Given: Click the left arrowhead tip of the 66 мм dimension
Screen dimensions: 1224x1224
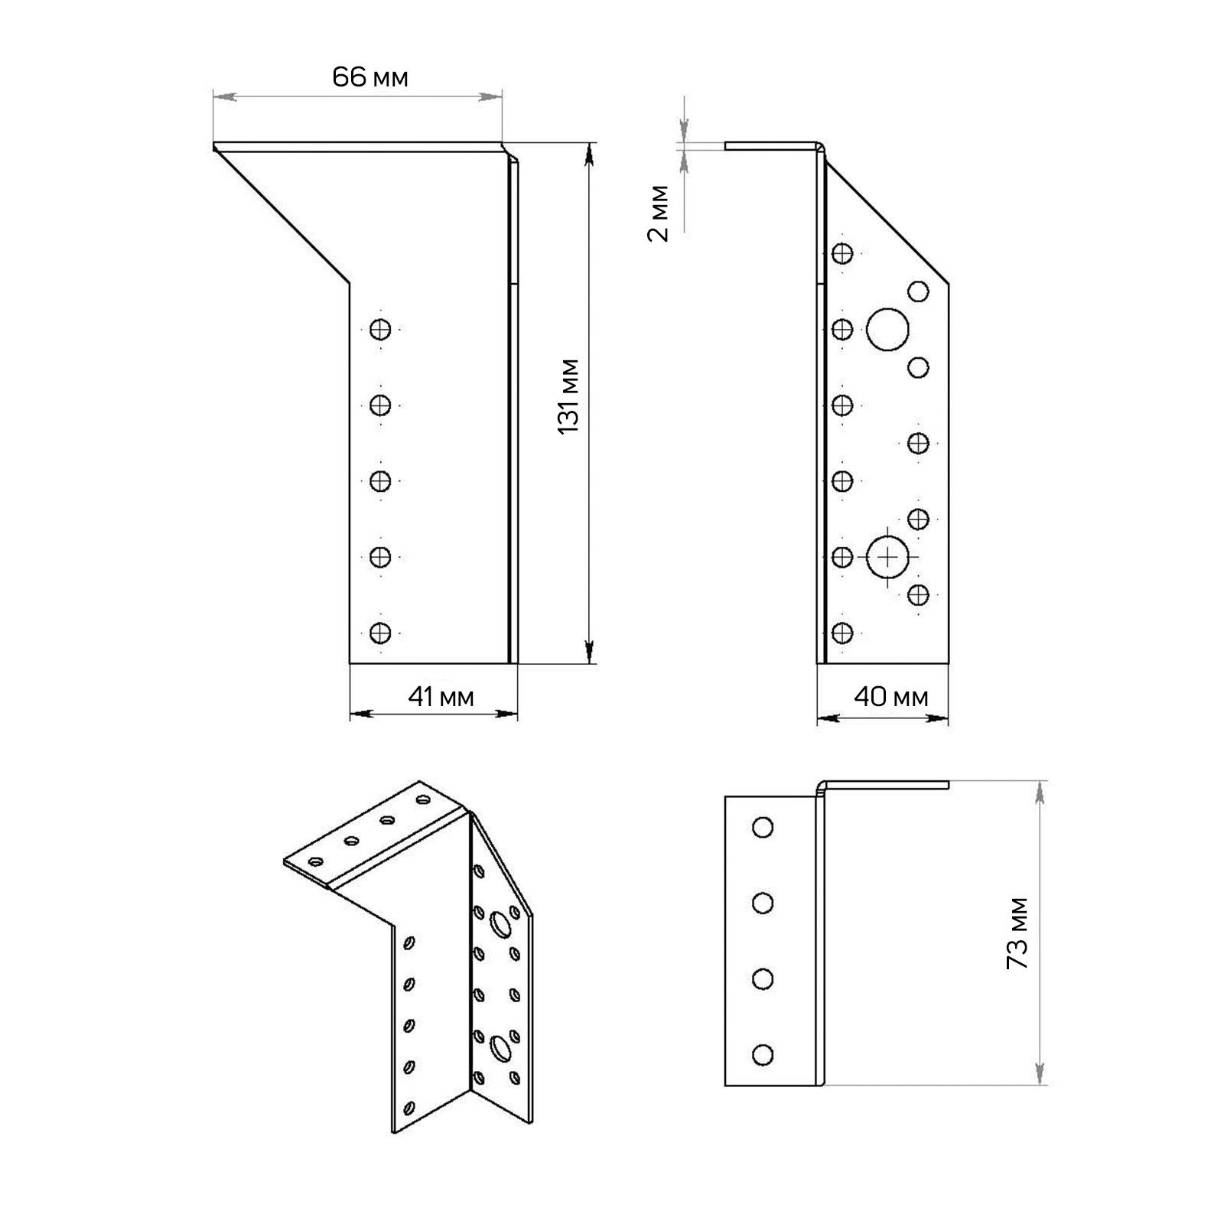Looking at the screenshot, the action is tap(213, 96).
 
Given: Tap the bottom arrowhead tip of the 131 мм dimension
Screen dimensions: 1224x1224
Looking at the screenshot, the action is tap(589, 662).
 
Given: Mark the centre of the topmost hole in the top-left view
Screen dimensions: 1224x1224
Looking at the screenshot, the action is tap(380, 330).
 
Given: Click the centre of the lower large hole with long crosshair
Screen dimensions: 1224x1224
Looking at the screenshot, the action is tap(887, 557).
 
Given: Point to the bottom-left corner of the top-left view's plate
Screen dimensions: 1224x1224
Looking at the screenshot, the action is tap(350, 663).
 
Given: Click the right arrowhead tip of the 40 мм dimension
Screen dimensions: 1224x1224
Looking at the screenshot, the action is tap(949, 719).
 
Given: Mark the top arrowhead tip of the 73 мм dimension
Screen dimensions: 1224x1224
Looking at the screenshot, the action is tap(1040, 782).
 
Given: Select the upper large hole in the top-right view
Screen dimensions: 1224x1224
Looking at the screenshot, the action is tap(887, 330).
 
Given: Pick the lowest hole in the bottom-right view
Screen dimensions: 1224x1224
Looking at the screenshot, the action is tap(763, 1055).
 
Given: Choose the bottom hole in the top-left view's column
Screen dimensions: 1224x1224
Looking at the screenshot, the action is tap(380, 633).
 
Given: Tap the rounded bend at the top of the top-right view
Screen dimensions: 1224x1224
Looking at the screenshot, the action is tap(821, 146).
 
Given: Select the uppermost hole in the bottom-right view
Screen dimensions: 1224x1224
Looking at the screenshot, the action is tap(763, 827).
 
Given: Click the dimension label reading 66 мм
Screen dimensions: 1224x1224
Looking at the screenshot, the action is tap(370, 77).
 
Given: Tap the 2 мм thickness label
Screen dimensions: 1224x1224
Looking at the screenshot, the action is tap(658, 213).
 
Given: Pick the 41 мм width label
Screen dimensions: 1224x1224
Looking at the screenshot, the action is tap(441, 697).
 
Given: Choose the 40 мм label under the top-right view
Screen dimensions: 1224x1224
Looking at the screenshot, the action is tap(892, 697).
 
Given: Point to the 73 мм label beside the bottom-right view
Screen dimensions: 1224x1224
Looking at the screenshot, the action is tap(1017, 933).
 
